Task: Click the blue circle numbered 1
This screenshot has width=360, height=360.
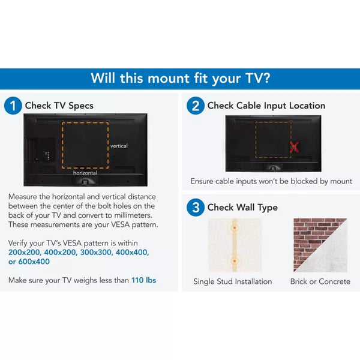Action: click(13, 106)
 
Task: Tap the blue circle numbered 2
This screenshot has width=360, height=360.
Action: click(196, 106)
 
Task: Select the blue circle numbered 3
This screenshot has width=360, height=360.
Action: click(196, 208)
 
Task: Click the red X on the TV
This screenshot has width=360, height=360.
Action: click(294, 147)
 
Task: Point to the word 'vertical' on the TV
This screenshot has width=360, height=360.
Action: click(119, 146)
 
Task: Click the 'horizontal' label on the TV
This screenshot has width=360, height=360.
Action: click(85, 173)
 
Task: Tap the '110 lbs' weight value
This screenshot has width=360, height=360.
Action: click(144, 280)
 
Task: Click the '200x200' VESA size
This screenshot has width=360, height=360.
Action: click(25, 253)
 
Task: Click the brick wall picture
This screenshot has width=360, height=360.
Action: click(320, 245)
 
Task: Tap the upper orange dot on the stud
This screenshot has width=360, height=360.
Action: click(235, 228)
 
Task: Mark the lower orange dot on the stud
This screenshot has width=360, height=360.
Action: click(235, 261)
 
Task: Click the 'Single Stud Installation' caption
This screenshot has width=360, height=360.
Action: click(233, 281)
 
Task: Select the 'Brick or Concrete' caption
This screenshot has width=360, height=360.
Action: click(320, 281)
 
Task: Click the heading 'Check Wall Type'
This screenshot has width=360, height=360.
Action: click(242, 208)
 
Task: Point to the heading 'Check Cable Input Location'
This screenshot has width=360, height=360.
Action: click(266, 106)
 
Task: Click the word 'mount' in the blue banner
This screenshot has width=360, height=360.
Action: click(169, 78)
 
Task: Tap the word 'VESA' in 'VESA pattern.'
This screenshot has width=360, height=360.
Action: click(121, 224)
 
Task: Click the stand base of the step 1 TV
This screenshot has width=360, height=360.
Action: click(85, 182)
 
